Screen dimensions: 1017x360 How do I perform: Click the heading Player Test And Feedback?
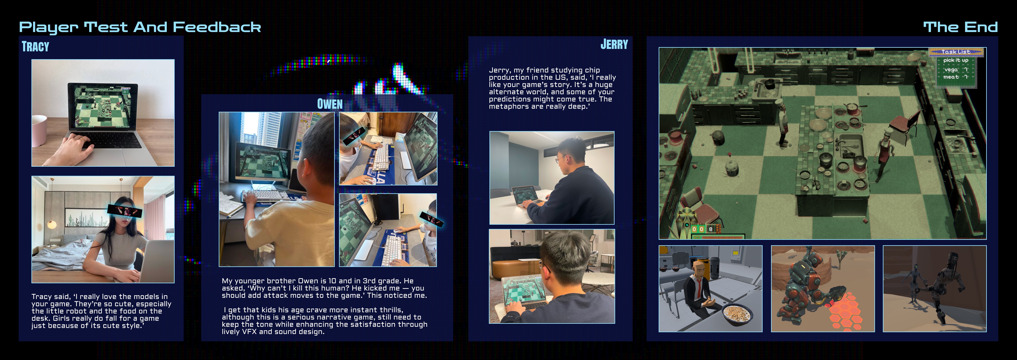point(140,27)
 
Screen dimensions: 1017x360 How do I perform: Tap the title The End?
point(961,27)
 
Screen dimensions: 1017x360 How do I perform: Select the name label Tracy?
point(35,47)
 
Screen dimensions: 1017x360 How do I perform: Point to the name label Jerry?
point(614,44)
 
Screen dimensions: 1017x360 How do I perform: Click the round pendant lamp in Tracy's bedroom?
point(52,225)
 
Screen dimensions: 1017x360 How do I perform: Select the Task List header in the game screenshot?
point(956,52)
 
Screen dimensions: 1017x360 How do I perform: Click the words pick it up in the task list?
point(956,60)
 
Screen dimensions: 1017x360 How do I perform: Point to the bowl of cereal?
point(737,315)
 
